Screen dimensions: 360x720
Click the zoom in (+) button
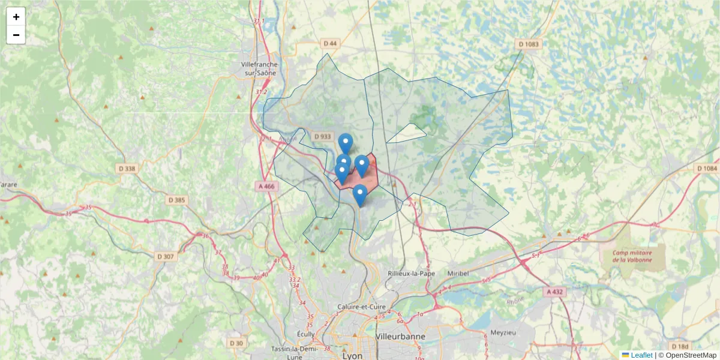[x=16, y=17]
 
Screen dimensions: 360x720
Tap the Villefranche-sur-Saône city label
[x=259, y=68]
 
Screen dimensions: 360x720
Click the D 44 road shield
[x=330, y=43]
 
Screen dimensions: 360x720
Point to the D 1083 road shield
[x=529, y=44]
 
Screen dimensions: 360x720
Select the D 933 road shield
[x=322, y=136]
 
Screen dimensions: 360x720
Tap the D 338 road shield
[x=127, y=169]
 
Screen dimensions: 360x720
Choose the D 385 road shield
[x=177, y=200]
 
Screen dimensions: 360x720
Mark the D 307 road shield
[x=166, y=256]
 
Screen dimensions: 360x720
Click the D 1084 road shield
[x=707, y=169]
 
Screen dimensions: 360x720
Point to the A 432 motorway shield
[x=556, y=292]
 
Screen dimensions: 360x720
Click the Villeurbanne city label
[x=400, y=336]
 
